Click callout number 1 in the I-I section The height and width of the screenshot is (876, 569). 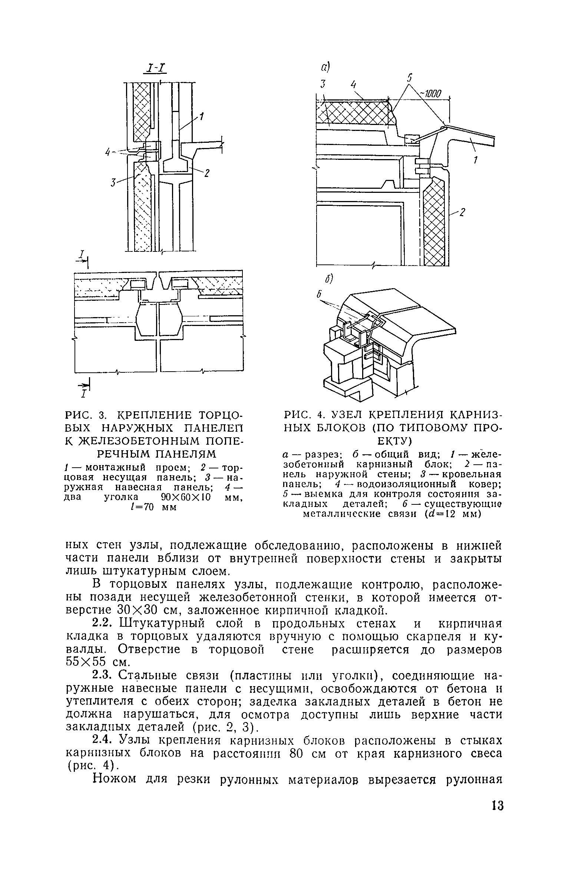202,118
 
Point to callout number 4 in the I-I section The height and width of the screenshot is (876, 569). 107,152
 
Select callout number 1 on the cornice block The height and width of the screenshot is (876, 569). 476,159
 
